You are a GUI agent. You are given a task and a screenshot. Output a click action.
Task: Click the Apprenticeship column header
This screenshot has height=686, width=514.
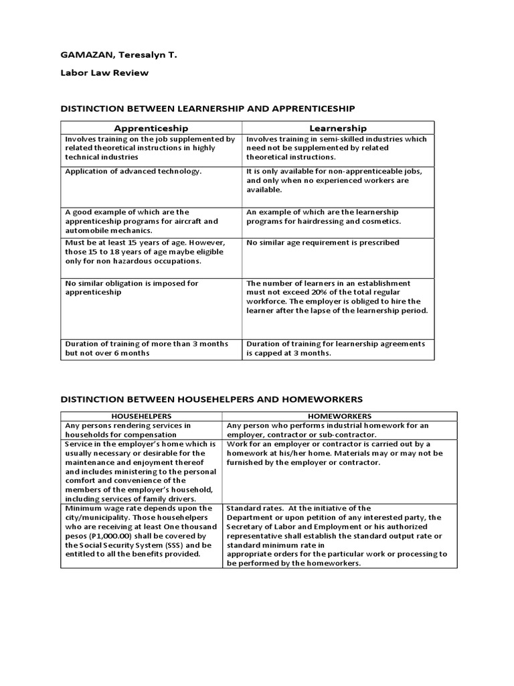point(151,127)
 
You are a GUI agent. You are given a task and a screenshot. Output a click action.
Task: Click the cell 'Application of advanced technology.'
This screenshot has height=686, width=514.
point(133,171)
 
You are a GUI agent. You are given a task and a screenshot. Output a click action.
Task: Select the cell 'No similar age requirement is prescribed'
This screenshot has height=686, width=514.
point(323,243)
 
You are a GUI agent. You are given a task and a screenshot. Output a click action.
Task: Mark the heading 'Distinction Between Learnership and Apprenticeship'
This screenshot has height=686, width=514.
point(207,109)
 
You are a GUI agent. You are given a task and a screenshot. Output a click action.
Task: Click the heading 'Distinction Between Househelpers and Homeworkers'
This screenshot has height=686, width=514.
point(211,399)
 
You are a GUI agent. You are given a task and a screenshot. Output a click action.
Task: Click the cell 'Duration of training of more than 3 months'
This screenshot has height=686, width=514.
point(147,344)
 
